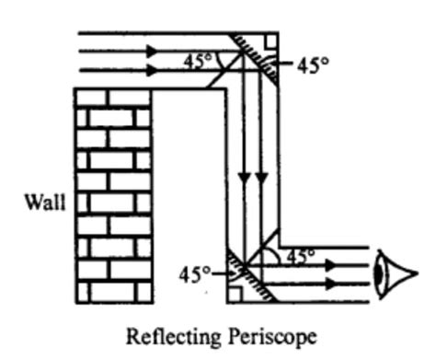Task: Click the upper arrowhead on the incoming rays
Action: pyautogui.click(x=152, y=50)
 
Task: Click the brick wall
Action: pyautogui.click(x=113, y=193)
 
